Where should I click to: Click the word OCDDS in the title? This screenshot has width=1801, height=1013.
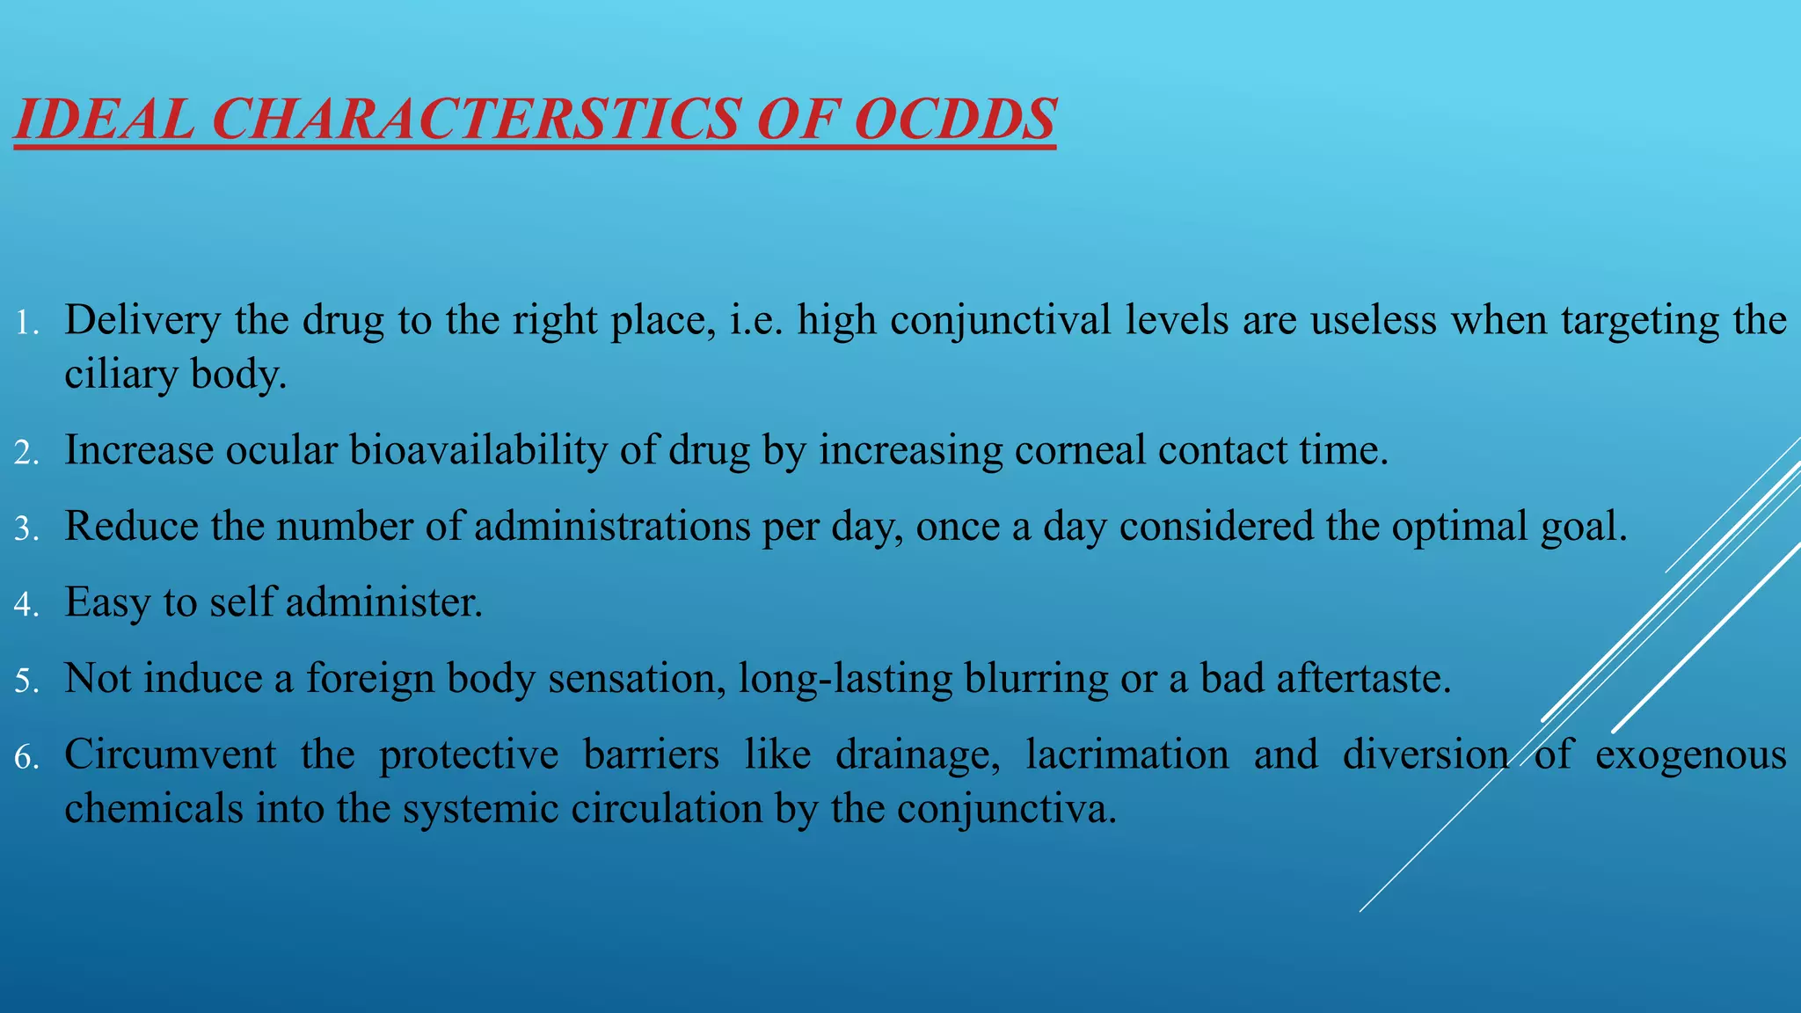pos(954,119)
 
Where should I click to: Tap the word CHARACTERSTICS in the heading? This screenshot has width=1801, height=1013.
pos(475,119)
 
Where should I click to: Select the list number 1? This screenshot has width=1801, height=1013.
pos(26,324)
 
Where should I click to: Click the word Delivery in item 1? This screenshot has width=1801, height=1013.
pos(142,321)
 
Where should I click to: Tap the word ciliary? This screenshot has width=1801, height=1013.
pos(120,375)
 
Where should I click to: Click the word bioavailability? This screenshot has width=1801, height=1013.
pos(478,450)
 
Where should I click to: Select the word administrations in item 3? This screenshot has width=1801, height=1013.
pos(612,527)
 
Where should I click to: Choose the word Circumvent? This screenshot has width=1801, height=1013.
pos(170,755)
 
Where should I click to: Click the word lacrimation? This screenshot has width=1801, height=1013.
pos(1127,755)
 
